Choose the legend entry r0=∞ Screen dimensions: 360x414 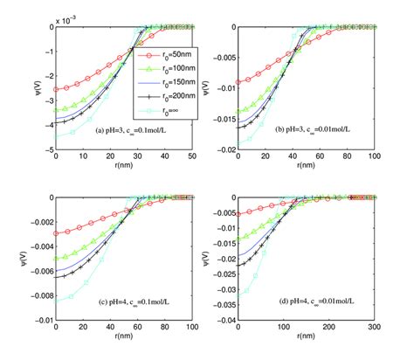coord(177,115)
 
